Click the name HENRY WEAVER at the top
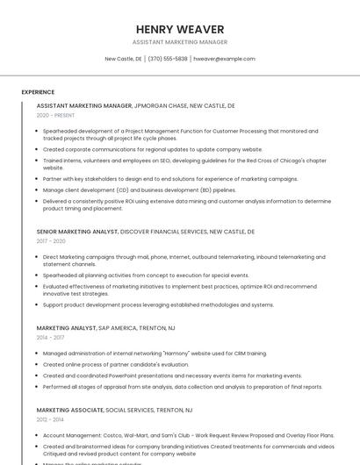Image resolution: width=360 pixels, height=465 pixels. point(180,29)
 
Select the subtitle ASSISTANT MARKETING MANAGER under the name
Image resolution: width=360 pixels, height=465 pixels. point(180,42)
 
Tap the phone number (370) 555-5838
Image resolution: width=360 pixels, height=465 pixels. point(168,59)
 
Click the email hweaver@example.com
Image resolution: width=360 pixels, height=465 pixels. point(224,59)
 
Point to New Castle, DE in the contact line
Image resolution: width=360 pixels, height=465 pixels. point(123,59)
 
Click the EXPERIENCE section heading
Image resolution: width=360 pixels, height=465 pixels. point(38,92)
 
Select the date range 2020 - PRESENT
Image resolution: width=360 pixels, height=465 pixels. point(55,116)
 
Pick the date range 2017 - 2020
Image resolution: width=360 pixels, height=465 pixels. point(51,241)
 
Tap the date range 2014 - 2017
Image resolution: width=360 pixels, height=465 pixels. point(50,337)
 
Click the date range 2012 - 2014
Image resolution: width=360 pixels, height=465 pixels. point(50,419)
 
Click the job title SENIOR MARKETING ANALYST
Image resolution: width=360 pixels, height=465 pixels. point(77,232)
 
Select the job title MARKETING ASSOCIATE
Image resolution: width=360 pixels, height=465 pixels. point(69,410)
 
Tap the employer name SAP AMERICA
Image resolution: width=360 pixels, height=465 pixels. point(118,327)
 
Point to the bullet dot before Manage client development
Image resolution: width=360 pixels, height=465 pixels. point(38,190)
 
